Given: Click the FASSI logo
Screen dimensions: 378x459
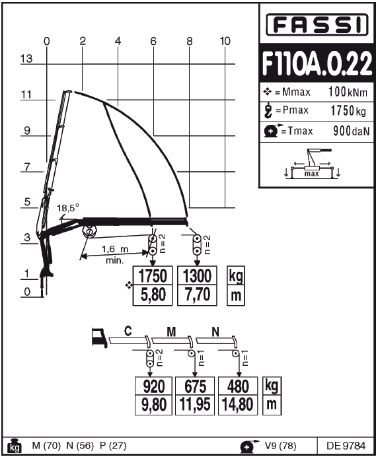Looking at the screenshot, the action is (x=317, y=24).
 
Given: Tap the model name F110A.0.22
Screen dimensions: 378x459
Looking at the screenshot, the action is (x=317, y=63).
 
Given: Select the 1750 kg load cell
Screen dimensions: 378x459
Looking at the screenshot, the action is (x=153, y=276).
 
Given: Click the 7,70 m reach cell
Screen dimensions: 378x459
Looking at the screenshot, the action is (x=197, y=295).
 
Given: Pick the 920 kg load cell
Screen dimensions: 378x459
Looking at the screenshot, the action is (x=153, y=386).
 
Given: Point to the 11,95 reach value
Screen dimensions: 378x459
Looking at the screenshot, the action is (x=195, y=405).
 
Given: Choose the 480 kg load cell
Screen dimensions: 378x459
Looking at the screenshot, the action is (x=238, y=386).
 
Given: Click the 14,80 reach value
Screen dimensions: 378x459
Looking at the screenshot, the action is (x=238, y=405).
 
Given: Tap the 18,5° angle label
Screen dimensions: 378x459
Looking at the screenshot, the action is (x=68, y=208).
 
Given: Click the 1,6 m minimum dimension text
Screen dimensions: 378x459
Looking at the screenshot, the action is (x=115, y=250).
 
